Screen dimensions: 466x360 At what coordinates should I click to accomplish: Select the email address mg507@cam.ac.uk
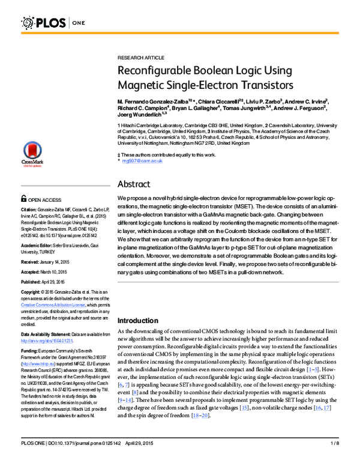[142, 162]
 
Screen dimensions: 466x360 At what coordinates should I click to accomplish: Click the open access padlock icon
[23, 198]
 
